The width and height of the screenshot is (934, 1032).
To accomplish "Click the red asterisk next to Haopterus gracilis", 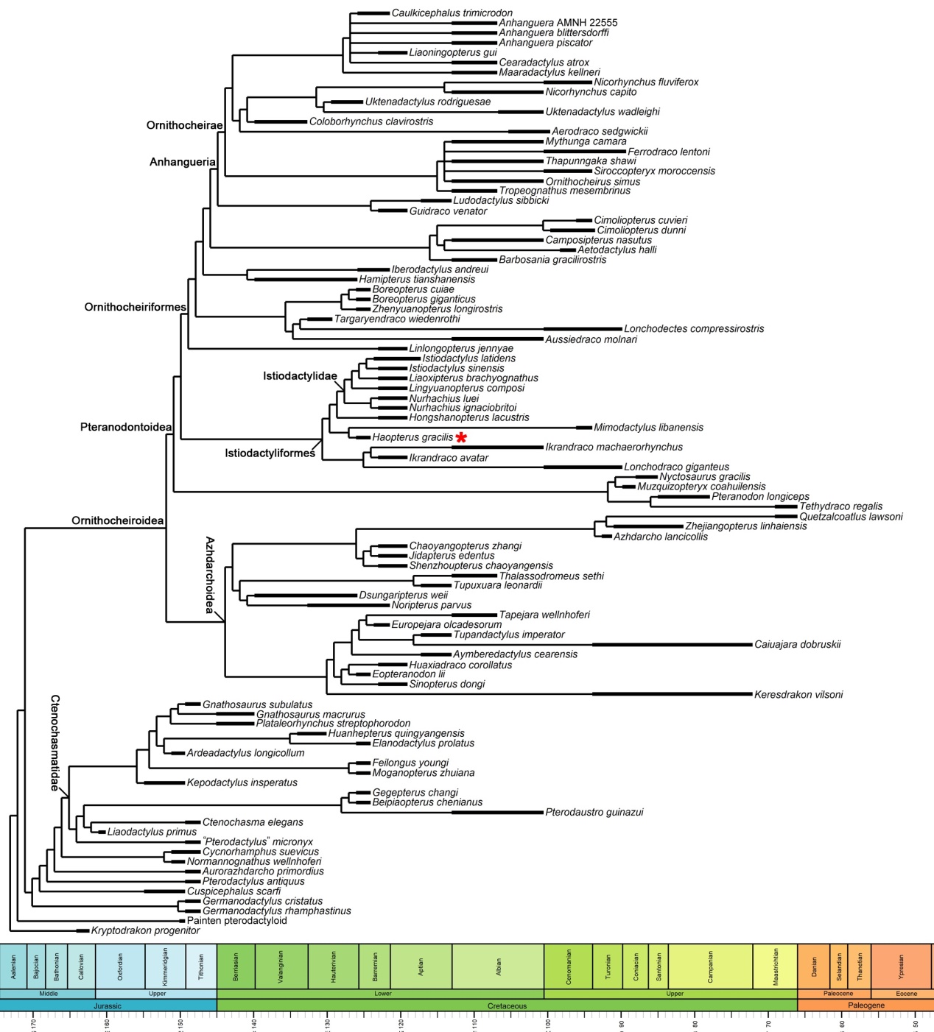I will [461, 438].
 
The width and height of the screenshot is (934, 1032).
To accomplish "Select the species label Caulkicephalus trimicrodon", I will [452, 13].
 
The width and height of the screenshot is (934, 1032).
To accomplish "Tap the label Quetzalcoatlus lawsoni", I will [851, 517].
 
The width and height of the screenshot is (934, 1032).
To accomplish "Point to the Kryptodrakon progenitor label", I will [145, 930].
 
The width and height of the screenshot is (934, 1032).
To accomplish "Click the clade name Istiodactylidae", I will [300, 376].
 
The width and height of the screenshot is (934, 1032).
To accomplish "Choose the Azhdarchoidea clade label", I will [210, 575].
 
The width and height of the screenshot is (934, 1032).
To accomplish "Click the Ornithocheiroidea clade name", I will [117, 521].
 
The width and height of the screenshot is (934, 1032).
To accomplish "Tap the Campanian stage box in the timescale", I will [710, 966].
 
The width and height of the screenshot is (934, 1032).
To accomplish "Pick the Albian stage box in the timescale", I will [498, 966].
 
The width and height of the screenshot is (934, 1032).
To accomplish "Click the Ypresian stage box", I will [901, 966].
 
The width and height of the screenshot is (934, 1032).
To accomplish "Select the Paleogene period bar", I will [865, 1006].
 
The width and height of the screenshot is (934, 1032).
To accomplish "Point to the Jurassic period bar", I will [108, 1006].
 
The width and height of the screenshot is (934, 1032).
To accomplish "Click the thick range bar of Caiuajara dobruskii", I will [672, 645].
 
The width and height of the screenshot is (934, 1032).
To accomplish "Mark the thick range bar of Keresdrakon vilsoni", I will [672, 694].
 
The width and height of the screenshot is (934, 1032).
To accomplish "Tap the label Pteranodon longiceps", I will [760, 497].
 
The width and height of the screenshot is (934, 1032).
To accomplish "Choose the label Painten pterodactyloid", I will [236, 921].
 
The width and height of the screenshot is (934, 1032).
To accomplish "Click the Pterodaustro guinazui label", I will [594, 813].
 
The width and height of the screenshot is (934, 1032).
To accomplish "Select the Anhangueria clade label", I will [183, 162].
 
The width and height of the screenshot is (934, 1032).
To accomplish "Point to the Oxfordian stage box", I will [120, 966].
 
